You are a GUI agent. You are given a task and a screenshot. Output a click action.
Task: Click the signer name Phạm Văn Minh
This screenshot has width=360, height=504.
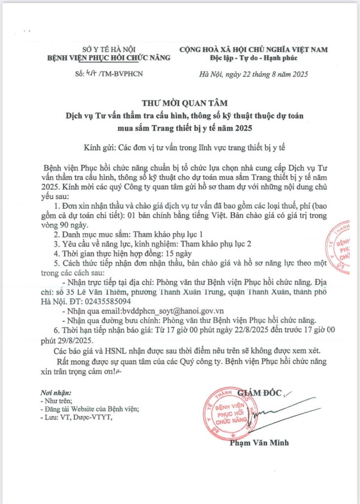(259, 442)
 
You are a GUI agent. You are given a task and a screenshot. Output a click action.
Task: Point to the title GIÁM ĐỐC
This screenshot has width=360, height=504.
(260, 393)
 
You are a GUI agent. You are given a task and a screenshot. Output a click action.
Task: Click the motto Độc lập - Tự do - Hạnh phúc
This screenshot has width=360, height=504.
(254, 58)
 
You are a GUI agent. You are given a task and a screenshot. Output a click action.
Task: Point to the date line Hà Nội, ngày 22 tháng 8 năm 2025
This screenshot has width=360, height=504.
(254, 74)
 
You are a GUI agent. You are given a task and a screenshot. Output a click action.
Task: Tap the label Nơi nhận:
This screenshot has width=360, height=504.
(55, 393)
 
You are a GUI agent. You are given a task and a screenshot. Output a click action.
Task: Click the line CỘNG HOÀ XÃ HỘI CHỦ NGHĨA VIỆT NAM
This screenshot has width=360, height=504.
(254, 49)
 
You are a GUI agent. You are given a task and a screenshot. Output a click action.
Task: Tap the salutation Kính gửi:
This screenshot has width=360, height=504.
(99, 147)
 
